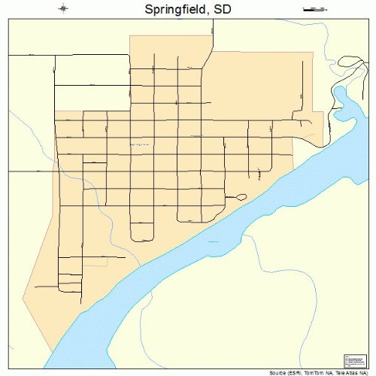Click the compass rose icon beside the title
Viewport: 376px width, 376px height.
[63, 9]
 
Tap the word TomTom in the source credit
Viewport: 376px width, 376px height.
[317, 371]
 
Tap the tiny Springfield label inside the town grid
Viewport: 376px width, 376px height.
[140, 144]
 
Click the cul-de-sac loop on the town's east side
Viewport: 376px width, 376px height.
[241, 197]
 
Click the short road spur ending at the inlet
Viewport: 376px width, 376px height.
[311, 123]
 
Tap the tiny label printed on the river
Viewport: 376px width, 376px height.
[214, 241]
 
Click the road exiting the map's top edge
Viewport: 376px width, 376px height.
[214, 27]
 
